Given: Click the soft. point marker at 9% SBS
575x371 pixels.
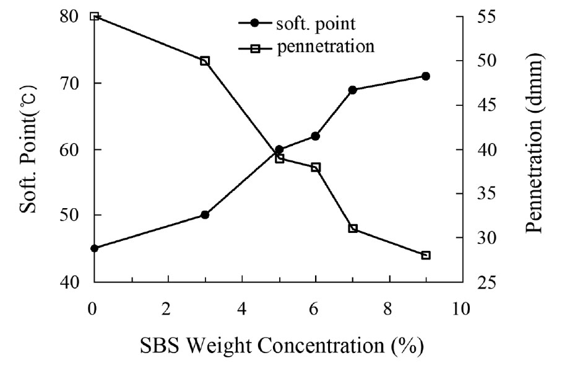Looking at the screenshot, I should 425,76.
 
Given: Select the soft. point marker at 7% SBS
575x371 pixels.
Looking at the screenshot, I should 352,90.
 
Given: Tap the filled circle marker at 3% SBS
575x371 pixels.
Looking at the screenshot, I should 205,215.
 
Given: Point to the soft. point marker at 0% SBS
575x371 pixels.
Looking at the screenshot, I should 95,248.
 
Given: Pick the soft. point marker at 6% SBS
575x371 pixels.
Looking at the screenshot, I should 315,136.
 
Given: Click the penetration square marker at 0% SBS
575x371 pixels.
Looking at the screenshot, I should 95,16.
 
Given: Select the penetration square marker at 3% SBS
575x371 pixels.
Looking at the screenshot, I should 205,61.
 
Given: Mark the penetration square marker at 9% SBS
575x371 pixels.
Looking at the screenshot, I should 425,255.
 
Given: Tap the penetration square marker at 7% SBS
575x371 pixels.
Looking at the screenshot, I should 352,229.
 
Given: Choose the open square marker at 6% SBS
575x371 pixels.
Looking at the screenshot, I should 315,167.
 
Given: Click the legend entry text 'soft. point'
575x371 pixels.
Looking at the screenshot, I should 316,24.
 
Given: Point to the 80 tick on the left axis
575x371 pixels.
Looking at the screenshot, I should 71,17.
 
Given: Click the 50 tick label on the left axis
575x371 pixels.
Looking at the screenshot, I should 71,216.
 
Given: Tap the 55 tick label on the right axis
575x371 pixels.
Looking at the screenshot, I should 483,17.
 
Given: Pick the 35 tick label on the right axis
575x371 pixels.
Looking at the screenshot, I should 483,194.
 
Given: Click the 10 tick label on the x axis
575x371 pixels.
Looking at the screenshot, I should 461,308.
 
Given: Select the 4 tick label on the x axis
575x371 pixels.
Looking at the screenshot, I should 241,308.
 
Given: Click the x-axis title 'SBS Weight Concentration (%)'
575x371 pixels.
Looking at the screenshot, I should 276,344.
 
